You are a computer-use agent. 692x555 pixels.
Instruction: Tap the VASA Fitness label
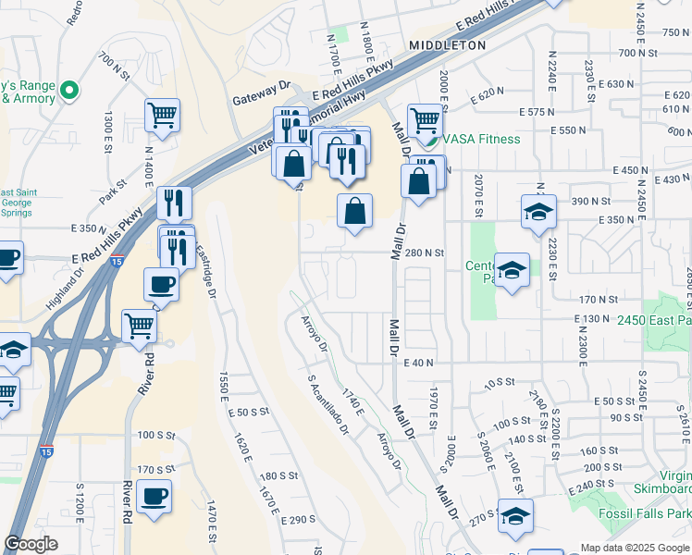(480, 139)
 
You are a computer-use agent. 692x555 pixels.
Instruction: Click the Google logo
(31, 545)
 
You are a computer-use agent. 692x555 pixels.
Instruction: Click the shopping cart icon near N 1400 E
(162, 116)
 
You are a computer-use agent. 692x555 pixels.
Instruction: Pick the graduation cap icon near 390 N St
(538, 212)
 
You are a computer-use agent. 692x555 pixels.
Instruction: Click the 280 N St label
(426, 252)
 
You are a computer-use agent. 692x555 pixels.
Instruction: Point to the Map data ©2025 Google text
(635, 547)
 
